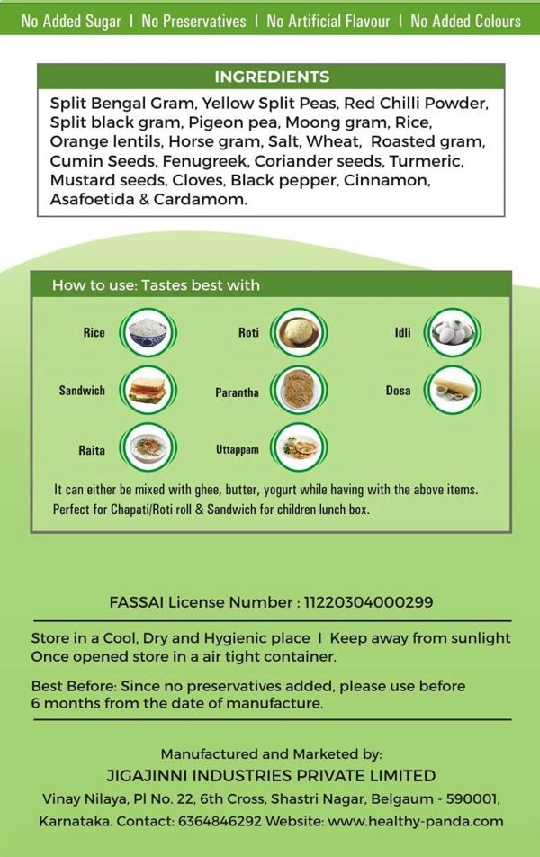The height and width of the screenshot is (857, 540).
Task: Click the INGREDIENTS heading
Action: [271, 77]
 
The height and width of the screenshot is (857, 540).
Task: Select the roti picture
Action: [299, 333]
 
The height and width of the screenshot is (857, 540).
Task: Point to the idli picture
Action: [453, 333]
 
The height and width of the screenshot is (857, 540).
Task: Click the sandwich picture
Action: [148, 391]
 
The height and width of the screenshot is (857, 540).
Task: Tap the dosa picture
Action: [453, 391]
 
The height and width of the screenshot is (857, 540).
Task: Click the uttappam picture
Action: [299, 448]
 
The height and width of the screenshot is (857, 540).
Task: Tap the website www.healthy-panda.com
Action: [415, 821]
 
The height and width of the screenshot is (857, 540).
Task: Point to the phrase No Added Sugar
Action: [71, 21]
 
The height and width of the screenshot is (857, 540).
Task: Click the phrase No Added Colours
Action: [465, 21]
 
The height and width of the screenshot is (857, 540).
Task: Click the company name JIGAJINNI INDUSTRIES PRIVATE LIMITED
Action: [271, 776]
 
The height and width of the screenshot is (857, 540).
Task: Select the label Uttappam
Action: [238, 449]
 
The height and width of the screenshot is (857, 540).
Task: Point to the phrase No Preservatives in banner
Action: [193, 21]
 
